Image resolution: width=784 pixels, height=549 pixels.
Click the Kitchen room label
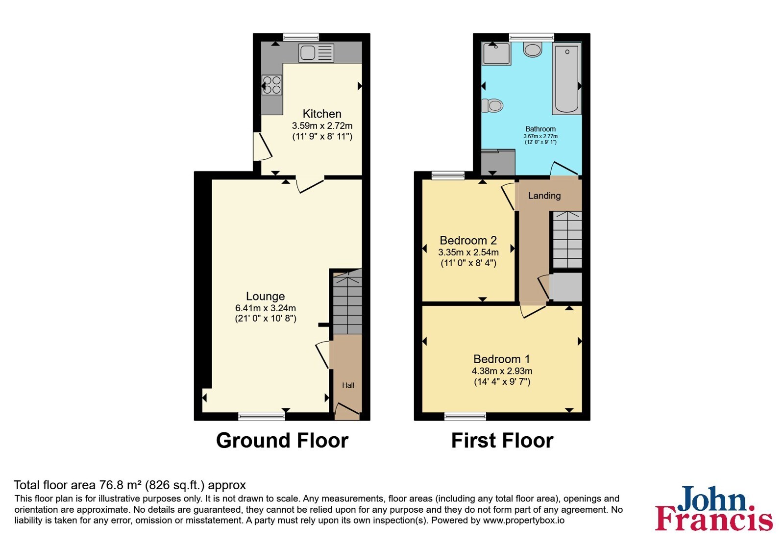tap(321, 114)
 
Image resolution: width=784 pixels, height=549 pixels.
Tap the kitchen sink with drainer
tap(316, 53)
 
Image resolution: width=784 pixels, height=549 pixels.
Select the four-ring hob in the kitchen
tap(271, 85)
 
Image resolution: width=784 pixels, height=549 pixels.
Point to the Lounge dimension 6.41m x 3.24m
tap(265, 308)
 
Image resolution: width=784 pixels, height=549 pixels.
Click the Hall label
tap(348, 385)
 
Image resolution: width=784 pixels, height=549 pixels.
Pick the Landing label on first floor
tap(544, 196)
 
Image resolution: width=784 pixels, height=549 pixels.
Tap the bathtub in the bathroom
tap(566, 79)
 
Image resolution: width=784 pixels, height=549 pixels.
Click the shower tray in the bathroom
tap(496, 53)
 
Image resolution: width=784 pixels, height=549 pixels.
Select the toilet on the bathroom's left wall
tap(492, 105)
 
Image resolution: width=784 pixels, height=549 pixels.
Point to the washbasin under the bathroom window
tap(533, 50)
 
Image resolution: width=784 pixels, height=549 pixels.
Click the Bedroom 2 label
tap(468, 240)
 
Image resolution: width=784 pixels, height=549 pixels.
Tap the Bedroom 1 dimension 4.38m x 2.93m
tap(502, 371)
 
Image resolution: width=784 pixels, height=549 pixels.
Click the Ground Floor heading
tap(282, 440)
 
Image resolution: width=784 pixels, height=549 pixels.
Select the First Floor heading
tap(502, 440)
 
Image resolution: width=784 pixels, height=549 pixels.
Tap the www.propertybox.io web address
tap(524, 520)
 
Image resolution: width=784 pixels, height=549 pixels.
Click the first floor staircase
tap(567, 240)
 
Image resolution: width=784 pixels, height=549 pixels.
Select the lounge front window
tap(262, 416)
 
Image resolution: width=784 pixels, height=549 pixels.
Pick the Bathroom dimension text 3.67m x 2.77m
tap(540, 136)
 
